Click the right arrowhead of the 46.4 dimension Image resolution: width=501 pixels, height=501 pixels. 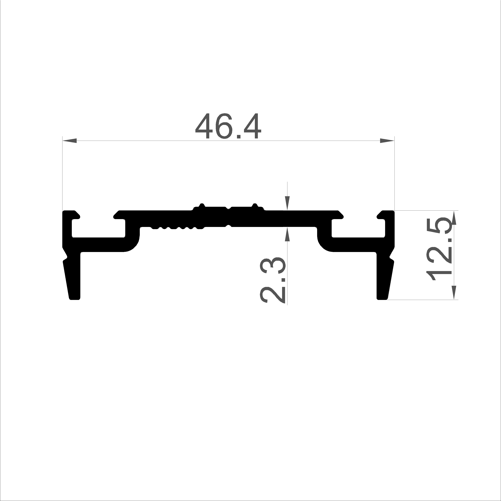387,141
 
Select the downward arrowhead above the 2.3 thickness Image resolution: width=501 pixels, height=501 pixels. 287,203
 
